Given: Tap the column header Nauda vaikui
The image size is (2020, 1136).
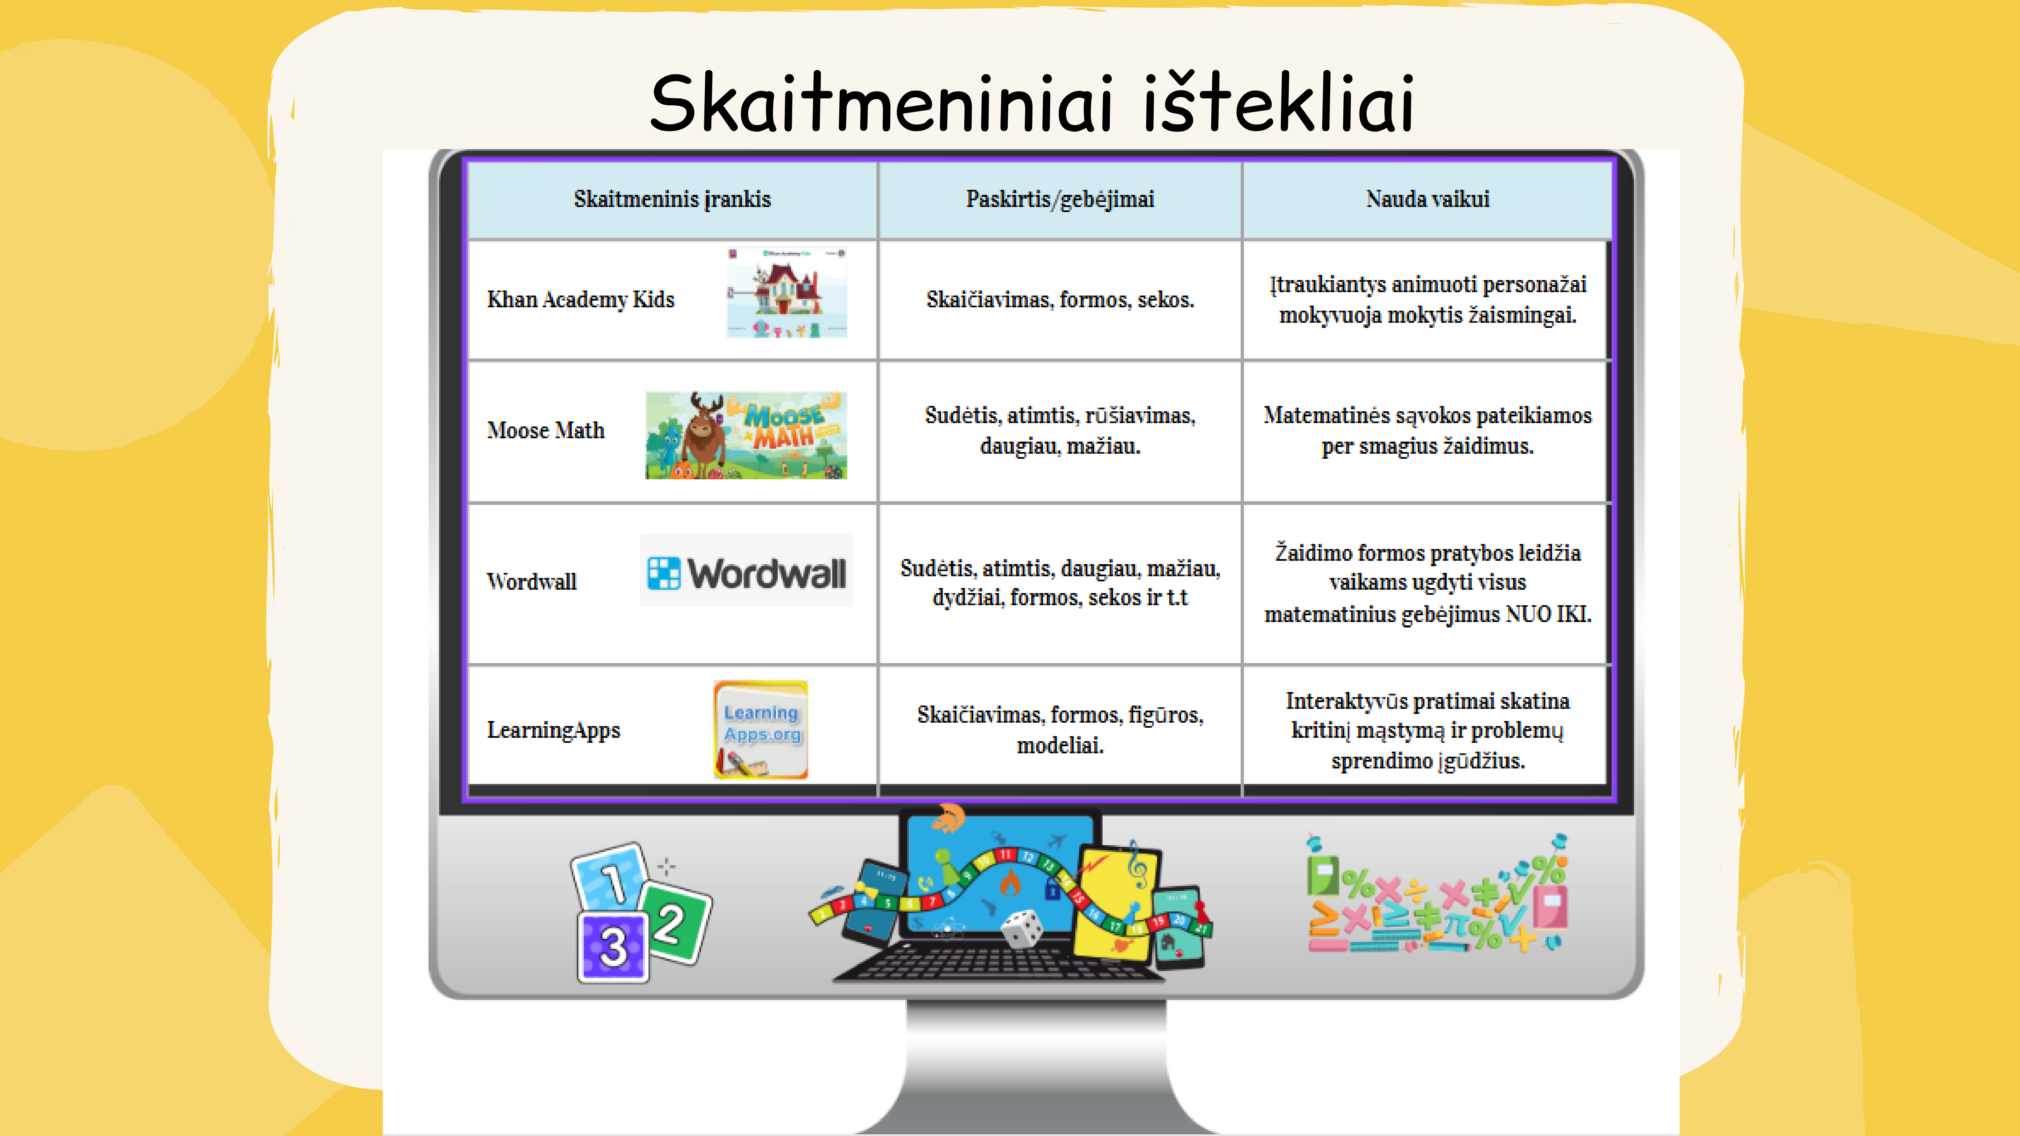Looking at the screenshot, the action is click(1427, 199).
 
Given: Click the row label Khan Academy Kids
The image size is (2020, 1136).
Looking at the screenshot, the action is click(580, 300).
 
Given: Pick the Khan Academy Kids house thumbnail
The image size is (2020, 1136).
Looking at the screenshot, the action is click(786, 292).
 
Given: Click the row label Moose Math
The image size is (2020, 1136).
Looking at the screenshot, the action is click(546, 431).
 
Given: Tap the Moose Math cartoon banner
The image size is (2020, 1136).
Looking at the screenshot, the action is click(746, 435).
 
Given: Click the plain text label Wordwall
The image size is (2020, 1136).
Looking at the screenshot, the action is click(532, 582).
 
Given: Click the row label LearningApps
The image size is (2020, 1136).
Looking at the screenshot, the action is click(553, 730).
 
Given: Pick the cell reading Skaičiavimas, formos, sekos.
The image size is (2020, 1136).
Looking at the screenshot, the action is click(1060, 300).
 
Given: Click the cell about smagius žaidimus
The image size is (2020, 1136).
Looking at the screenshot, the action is click(1427, 431).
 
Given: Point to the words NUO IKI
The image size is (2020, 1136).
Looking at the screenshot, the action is click(1549, 614).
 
